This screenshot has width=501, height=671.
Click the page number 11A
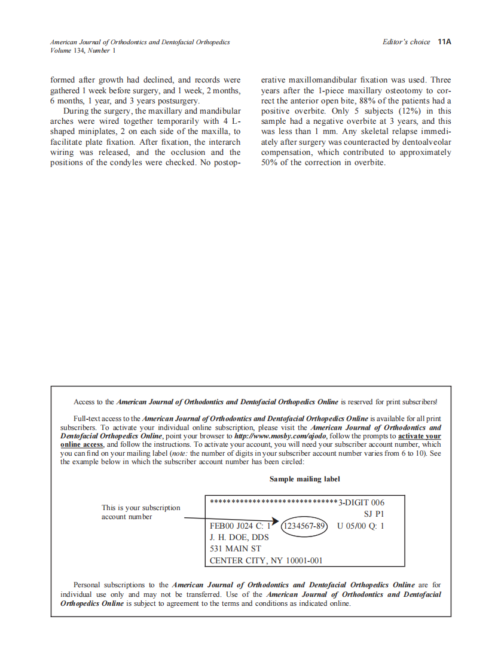444,42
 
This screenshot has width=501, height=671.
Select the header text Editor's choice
406,42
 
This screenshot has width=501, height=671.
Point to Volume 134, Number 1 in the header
83,51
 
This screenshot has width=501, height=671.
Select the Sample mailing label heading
304,479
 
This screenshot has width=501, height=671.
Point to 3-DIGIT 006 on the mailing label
362,503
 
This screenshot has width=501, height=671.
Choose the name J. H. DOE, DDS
239,537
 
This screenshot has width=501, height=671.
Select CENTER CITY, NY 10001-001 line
266,560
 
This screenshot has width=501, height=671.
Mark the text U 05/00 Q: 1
361,526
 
